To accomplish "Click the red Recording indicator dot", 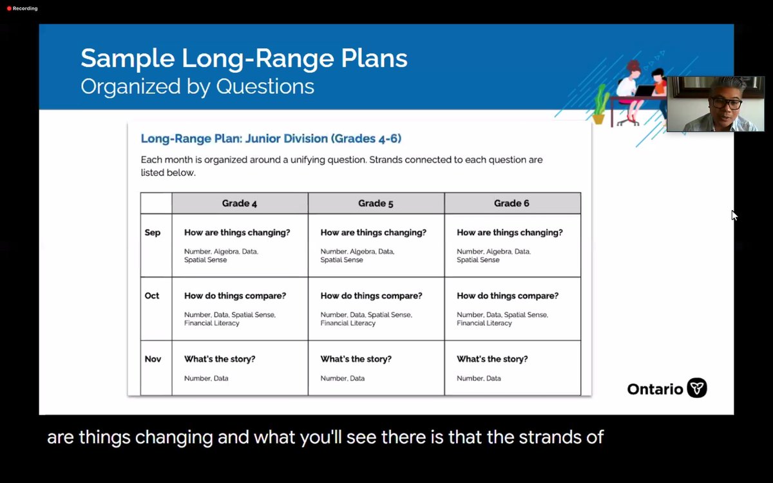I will [9, 8].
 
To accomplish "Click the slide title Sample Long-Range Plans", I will [243, 58].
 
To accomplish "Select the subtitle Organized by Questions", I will [197, 86].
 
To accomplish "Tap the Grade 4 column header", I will [240, 204].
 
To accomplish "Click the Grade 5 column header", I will [376, 204].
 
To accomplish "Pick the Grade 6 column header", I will [511, 204].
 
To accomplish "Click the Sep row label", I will [153, 232].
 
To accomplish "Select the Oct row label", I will [152, 296].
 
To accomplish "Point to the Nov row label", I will [153, 359].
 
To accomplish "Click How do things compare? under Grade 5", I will [371, 296].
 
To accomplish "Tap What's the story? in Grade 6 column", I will [492, 359].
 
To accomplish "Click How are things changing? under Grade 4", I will [237, 232].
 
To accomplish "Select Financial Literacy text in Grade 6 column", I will [484, 323].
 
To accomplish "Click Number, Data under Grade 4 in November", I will [206, 379].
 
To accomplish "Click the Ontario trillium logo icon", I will [696, 388].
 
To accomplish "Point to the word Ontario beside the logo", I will [654, 389].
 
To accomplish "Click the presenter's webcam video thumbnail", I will [715, 104].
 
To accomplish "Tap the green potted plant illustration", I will [600, 106].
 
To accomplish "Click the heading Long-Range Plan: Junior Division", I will [271, 138].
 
